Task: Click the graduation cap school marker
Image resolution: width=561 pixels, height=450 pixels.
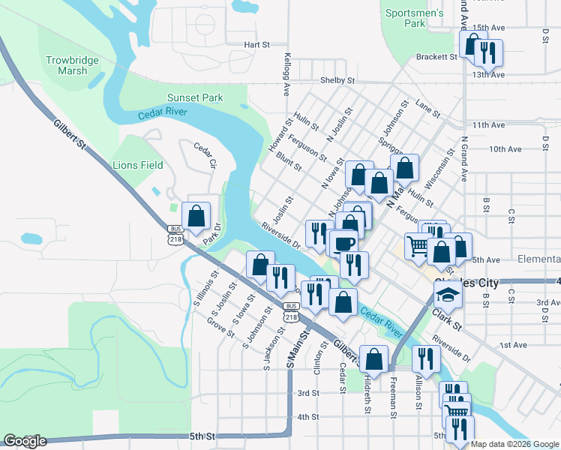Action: pos(448,294)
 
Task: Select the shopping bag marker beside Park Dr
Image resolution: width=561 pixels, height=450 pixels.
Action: pos(196,216)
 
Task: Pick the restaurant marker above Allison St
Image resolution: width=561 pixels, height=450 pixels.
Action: pos(424,358)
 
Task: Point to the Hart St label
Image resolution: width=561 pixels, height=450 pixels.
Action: pos(256,45)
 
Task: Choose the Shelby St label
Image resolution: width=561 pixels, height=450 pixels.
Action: pos(337,80)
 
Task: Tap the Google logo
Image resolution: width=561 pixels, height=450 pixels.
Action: pos(24,441)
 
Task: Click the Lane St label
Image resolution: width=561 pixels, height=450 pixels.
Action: pos(428,109)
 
